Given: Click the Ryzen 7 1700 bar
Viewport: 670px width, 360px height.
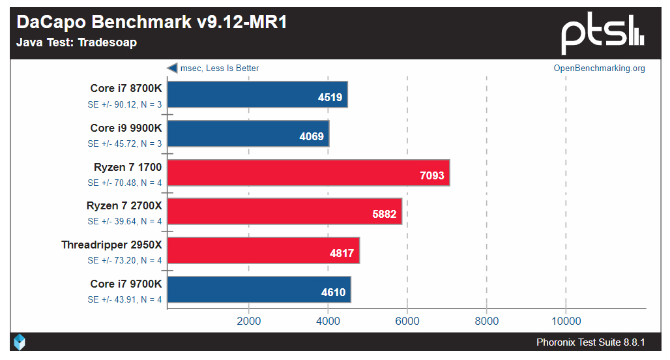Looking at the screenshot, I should coord(309,172).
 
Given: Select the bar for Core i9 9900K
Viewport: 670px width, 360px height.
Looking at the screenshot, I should coord(248,133).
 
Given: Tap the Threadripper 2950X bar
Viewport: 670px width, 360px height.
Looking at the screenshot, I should coord(264,250).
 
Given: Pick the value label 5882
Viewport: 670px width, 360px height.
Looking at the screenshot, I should coord(384,214).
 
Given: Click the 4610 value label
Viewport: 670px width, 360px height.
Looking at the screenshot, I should coord(334,292).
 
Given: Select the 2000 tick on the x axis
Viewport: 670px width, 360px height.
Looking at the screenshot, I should coord(249,321).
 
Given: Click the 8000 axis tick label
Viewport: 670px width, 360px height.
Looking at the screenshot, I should coord(486,321).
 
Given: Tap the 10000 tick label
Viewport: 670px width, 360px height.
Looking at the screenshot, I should coord(566,321).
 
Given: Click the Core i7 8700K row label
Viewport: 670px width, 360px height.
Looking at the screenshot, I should coord(126,89).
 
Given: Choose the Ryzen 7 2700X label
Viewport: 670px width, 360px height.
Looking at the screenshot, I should coord(124,206).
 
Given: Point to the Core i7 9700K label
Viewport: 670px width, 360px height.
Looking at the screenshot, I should coord(126,284).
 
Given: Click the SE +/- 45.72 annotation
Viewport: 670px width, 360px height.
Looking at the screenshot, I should coord(125,143).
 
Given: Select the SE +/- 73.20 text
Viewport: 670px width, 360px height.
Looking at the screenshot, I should coord(125,260).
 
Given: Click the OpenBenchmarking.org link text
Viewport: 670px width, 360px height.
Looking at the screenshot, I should coord(599,68).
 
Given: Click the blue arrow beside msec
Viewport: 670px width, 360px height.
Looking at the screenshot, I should coord(172,68).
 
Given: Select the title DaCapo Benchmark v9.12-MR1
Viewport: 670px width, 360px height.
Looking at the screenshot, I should coord(152,22).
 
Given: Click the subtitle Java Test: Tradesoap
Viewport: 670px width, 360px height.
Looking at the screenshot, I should coord(77,43).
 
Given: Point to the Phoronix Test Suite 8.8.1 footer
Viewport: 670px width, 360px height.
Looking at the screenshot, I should coord(590,342).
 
